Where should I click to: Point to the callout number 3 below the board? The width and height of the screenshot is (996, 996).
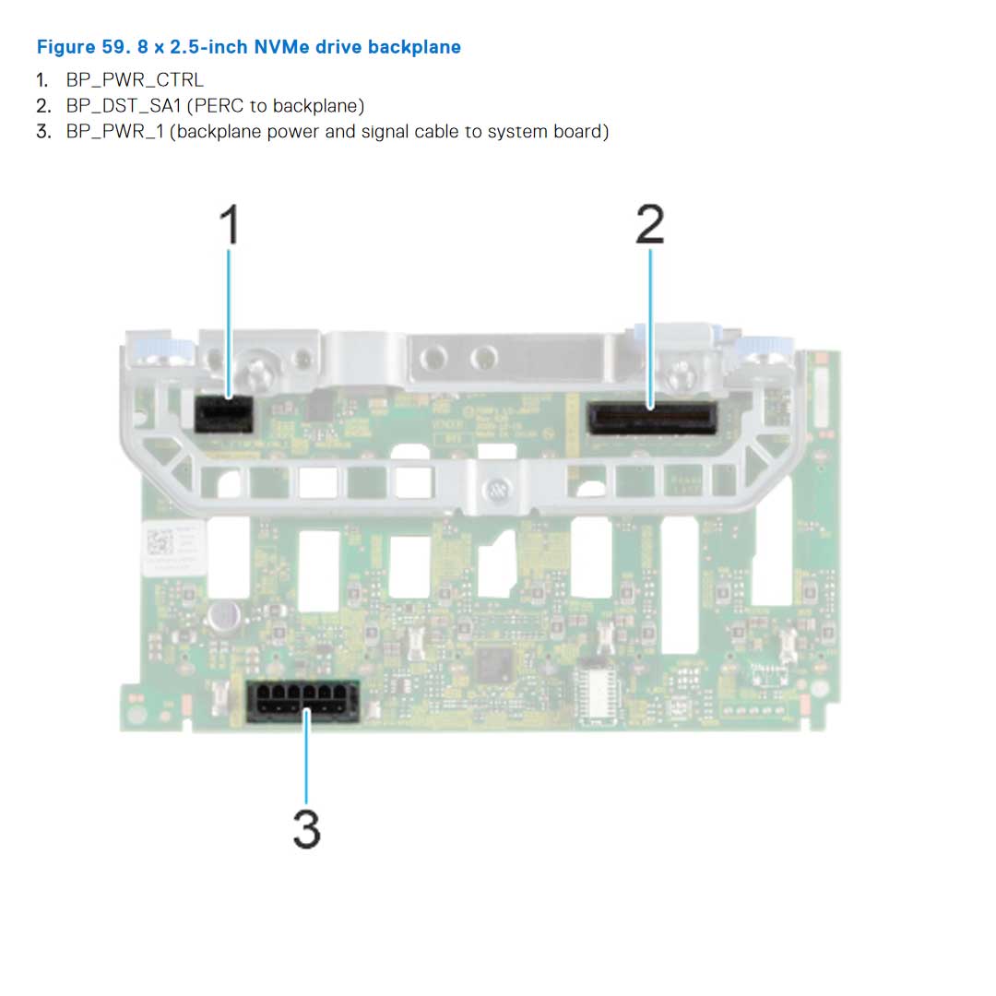point(306,828)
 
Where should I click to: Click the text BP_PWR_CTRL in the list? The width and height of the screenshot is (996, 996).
point(135,80)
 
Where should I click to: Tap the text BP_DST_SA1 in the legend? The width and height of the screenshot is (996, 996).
point(123,106)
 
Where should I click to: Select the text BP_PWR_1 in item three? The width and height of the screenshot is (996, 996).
point(114,132)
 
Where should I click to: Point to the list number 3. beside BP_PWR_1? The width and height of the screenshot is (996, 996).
point(43,132)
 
